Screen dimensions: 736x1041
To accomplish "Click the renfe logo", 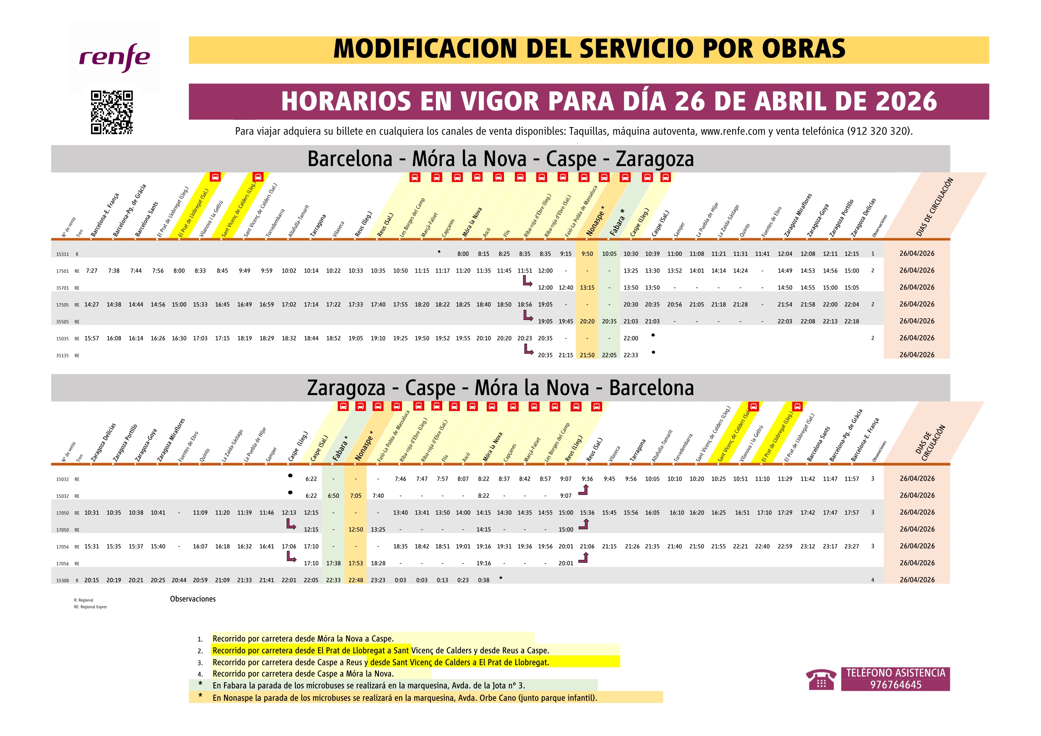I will (114, 57).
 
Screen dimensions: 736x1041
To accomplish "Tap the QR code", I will (112, 112).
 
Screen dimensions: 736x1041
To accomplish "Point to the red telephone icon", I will (821, 679).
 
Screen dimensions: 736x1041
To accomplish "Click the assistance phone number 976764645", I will (895, 685).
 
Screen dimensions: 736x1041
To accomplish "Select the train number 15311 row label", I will (62, 254).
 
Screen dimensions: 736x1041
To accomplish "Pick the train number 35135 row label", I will (62, 356).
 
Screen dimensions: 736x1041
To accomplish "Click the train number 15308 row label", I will (62, 580).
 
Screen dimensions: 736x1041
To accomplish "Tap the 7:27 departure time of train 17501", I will (91, 271).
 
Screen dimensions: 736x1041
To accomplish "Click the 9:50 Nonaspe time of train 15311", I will (587, 254).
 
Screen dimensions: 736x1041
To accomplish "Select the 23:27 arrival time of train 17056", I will (851, 546).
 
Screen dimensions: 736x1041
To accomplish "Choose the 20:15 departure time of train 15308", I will (91, 580).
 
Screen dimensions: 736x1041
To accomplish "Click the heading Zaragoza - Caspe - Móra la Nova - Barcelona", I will (500, 388).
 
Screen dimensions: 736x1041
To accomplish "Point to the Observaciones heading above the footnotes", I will (193, 599).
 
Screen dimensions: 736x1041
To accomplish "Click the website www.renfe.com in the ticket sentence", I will (733, 131).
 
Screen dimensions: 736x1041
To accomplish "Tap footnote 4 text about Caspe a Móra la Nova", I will (303, 674).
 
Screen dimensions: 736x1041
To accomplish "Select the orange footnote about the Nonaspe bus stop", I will (404, 698).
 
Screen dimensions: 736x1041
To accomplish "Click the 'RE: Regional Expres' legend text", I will (90, 607).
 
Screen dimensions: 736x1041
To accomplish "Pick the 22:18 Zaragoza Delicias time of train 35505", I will (851, 322).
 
